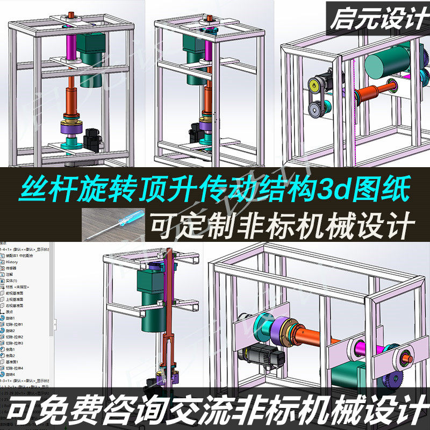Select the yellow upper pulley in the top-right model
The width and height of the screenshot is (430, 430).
click(x=314, y=84)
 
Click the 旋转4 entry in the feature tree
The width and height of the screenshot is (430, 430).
click(x=11, y=374)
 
